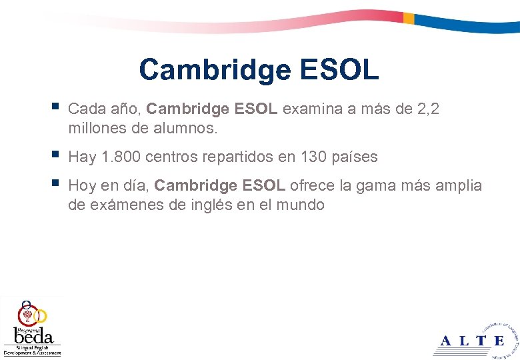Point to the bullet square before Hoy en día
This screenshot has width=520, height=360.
pos(55,183)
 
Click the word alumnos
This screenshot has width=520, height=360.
pos(189,127)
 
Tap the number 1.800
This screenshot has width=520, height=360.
pos(121,157)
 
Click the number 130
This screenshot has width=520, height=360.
pos(313,157)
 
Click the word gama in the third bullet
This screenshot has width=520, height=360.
pos(375,185)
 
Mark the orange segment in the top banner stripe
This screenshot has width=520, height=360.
pos(409,19)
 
